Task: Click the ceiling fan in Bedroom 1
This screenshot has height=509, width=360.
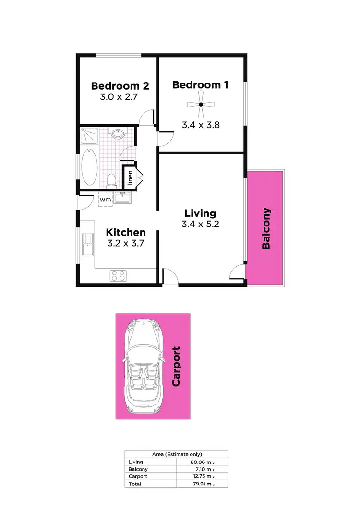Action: tap(202, 104)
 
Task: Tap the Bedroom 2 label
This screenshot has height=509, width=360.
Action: tap(120, 86)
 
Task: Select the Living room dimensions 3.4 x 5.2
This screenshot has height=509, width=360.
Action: tap(200, 224)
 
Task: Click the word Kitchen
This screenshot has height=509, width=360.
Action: tap(126, 232)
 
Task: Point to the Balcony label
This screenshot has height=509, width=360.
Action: tap(266, 228)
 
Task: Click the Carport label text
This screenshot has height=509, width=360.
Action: tap(176, 367)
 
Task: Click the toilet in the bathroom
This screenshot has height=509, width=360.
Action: tap(111, 180)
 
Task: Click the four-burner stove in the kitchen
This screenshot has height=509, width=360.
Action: tap(119, 275)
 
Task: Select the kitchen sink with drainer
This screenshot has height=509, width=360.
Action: tap(87, 244)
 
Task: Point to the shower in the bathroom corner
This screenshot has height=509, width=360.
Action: tap(89, 136)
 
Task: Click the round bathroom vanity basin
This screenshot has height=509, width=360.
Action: tap(117, 133)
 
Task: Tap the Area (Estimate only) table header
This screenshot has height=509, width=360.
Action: tap(176, 454)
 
